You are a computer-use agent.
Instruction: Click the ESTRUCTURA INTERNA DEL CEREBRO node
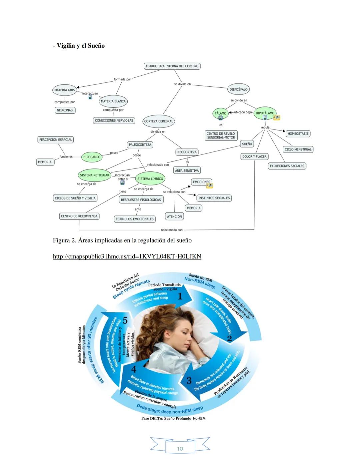pyautogui.click(x=172, y=66)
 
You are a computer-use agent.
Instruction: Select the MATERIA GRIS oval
pyautogui.click(x=65, y=90)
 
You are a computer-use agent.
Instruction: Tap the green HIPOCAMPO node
pyautogui.click(x=92, y=157)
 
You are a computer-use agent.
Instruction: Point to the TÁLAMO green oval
pyautogui.click(x=220, y=113)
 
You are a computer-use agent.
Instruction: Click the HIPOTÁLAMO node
pyautogui.click(x=265, y=113)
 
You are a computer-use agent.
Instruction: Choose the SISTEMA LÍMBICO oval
pyautogui.click(x=150, y=179)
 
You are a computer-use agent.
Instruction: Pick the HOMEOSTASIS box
pyautogui.click(x=298, y=133)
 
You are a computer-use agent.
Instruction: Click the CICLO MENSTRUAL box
pyautogui.click(x=298, y=149)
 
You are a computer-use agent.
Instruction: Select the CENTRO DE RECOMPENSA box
pyautogui.click(x=79, y=216)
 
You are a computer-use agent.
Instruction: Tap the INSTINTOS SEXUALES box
pyautogui.click(x=214, y=198)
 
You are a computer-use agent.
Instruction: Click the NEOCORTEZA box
pyautogui.click(x=187, y=152)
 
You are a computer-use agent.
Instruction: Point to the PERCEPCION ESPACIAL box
pyautogui.click(x=55, y=140)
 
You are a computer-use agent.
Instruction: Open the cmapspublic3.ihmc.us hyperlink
pyautogui.click(x=127, y=256)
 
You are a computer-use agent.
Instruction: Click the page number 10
pyautogui.click(x=180, y=449)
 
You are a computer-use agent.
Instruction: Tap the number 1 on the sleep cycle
pyautogui.click(x=180, y=296)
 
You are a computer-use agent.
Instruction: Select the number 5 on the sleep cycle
pyautogui.click(x=125, y=321)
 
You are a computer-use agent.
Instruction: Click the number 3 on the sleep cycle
pyautogui.click(x=189, y=381)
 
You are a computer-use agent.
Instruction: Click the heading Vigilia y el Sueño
pyautogui.click(x=80, y=46)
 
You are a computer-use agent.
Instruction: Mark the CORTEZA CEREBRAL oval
pyautogui.click(x=159, y=121)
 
